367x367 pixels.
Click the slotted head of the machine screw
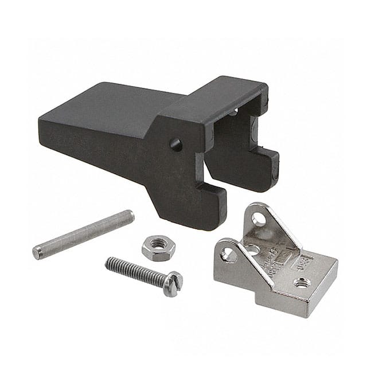click(173, 283)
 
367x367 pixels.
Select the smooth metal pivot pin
click(83, 235)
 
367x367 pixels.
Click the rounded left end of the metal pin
click(37, 252)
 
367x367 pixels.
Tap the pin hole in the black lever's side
click(176, 145)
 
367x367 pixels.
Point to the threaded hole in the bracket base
click(302, 282)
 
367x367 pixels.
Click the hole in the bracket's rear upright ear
click(259, 219)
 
